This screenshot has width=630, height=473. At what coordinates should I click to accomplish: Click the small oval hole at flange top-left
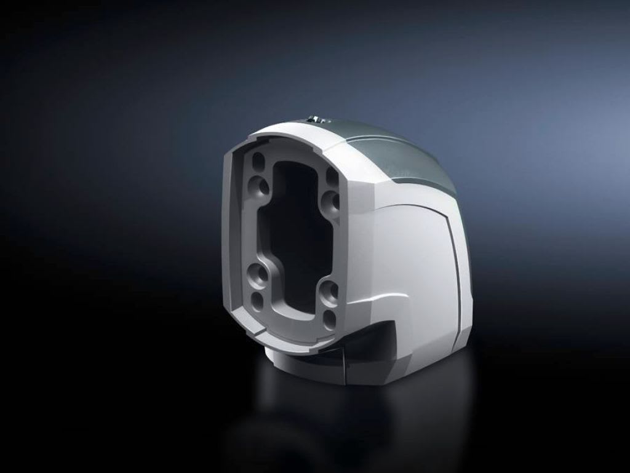pos(258,162)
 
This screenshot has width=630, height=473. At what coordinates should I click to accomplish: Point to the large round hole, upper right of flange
pos(330,201)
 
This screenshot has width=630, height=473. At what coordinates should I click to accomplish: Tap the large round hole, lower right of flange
pos(330,292)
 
